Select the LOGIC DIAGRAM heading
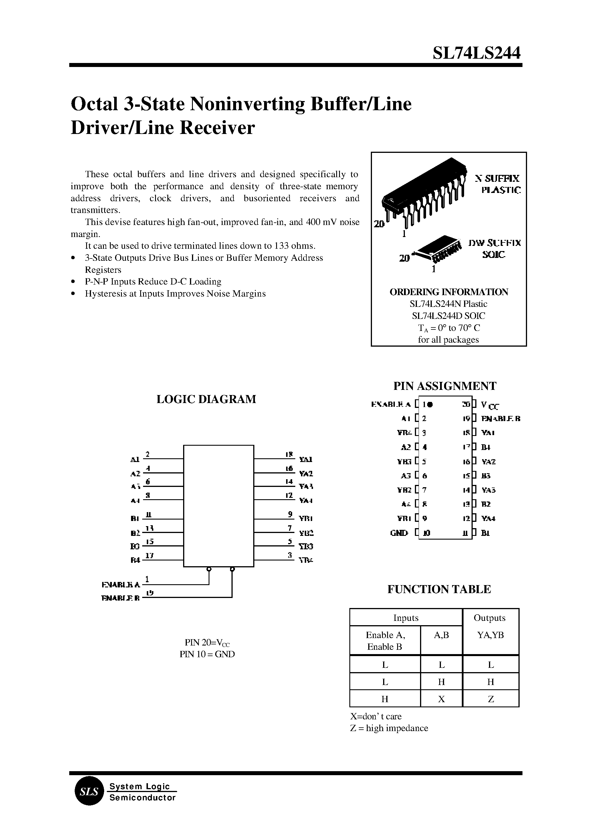206,399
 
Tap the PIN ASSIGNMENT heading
445,386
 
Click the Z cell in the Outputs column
491,699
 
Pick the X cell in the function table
441,699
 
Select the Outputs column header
489,617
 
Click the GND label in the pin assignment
399,533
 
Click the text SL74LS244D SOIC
448,315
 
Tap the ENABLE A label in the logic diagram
121,585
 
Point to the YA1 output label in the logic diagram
306,459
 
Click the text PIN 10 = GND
207,654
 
